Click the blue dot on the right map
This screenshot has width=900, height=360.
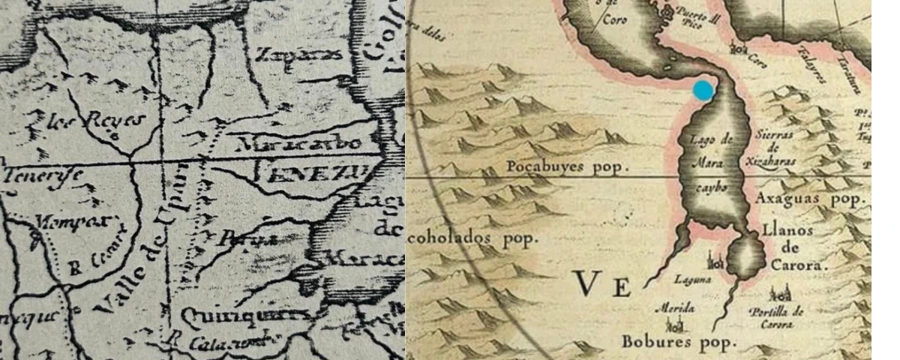tap(703, 90)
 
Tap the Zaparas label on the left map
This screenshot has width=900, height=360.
tap(299, 54)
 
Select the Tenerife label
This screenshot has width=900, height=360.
tap(42, 177)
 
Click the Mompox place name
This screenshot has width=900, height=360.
tap(72, 222)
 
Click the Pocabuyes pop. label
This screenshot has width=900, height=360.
tap(565, 166)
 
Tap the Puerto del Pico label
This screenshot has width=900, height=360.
tap(698, 16)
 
